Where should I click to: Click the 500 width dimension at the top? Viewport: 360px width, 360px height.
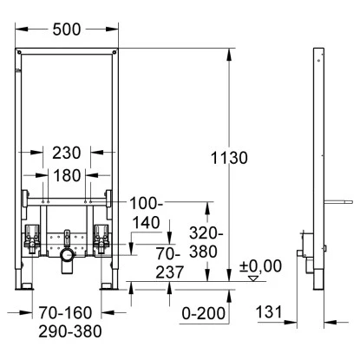(67, 29)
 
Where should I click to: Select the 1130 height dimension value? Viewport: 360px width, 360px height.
(229, 158)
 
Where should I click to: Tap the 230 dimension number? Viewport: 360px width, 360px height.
(67, 153)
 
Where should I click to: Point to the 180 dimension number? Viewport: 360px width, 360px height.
(67, 176)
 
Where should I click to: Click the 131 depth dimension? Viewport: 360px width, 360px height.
(269, 312)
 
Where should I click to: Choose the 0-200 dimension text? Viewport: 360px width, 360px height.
(204, 313)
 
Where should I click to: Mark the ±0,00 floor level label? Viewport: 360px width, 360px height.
(260, 266)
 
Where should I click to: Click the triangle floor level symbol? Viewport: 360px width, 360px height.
(253, 278)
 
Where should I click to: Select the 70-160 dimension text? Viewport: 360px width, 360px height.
(66, 313)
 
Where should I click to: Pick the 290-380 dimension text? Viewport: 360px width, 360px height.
(70, 331)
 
